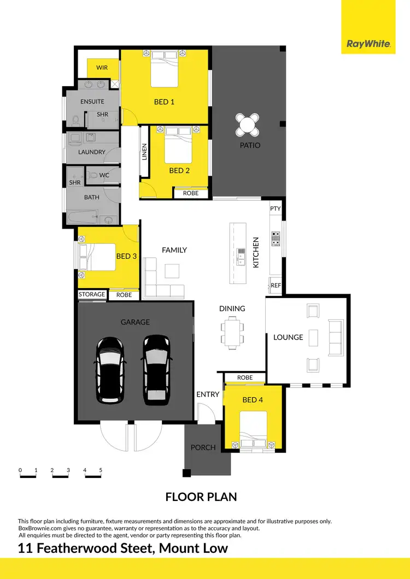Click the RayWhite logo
click(368, 44)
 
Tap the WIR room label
click(102, 68)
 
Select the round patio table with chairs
click(248, 125)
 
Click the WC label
click(104, 175)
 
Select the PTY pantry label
click(276, 208)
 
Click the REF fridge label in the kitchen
click(276, 285)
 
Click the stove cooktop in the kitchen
click(276, 238)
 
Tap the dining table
click(232, 333)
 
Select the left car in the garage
click(110, 368)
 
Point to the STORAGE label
click(92, 295)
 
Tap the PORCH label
click(203, 447)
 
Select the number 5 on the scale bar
click(101, 470)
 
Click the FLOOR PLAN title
click(201, 497)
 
